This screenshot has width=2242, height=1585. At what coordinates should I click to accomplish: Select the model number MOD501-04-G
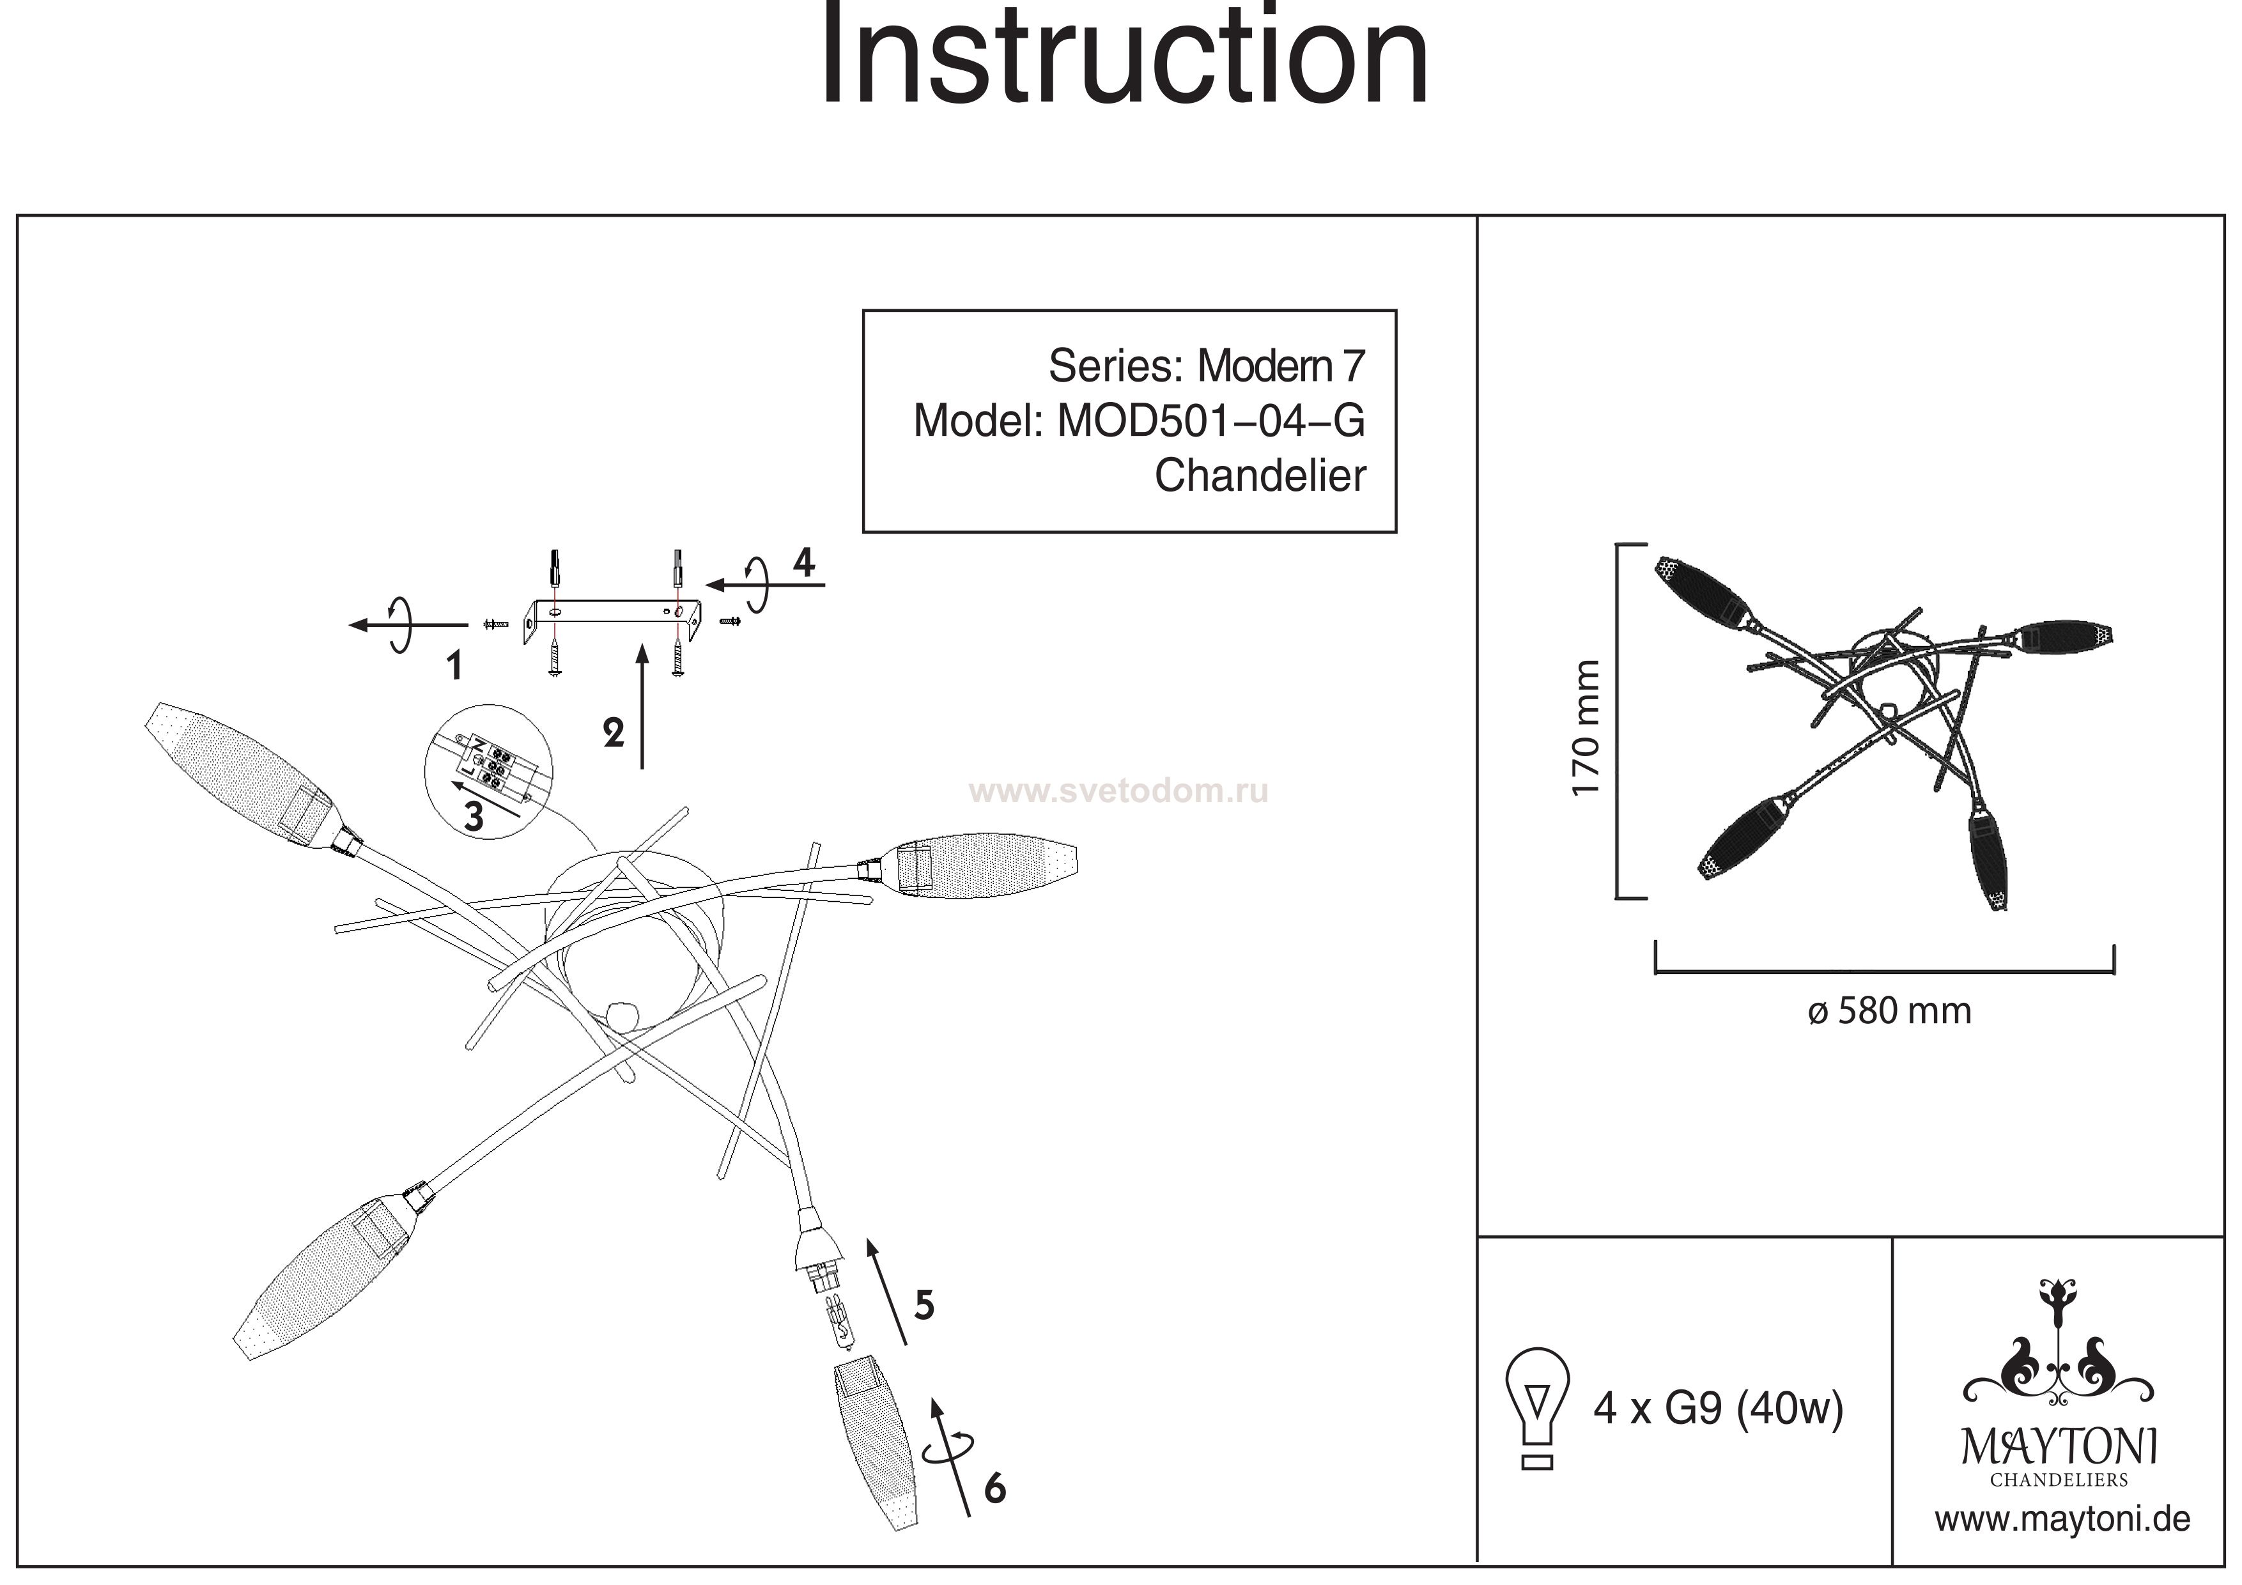[1211, 421]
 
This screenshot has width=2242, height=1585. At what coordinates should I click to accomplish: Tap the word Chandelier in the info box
[1260, 476]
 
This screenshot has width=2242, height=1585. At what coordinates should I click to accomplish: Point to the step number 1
[454, 666]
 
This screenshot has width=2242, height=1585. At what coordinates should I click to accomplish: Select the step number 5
[924, 1304]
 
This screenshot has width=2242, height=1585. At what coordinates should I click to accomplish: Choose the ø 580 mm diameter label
[1889, 1011]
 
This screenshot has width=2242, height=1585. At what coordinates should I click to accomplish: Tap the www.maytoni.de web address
[2062, 1520]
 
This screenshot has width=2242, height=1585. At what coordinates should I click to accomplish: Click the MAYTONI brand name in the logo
[2059, 1446]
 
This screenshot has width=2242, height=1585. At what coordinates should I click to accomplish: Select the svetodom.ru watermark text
[1118, 791]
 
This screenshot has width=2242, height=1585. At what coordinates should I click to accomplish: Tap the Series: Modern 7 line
[1206, 366]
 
